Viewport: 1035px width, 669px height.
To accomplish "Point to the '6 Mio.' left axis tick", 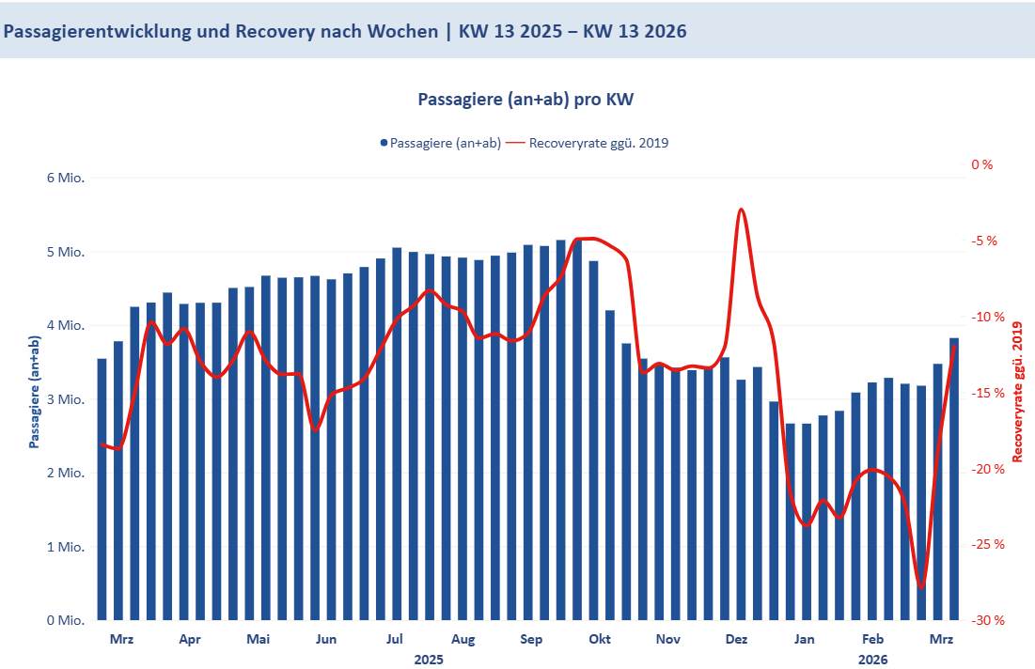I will point(66,179).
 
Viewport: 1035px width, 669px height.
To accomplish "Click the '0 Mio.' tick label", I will point(66,621).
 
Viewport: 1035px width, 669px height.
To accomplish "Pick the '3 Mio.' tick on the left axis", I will point(66,400).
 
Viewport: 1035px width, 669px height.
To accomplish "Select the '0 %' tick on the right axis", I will point(981,164).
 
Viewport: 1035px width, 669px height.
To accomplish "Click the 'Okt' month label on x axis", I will point(600,640).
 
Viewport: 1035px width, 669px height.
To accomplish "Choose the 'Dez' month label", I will point(737,640).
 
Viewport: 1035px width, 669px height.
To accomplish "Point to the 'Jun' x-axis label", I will point(326,640).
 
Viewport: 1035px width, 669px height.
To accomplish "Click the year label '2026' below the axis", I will point(872,660).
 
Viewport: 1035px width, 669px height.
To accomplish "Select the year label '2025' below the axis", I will point(429,660).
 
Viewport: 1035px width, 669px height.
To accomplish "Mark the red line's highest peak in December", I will point(742,210).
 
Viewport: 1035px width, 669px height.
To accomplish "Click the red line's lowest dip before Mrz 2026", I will point(921,588).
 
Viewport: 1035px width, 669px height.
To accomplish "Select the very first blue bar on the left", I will point(102,489).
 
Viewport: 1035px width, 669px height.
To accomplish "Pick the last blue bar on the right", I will point(954,479).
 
